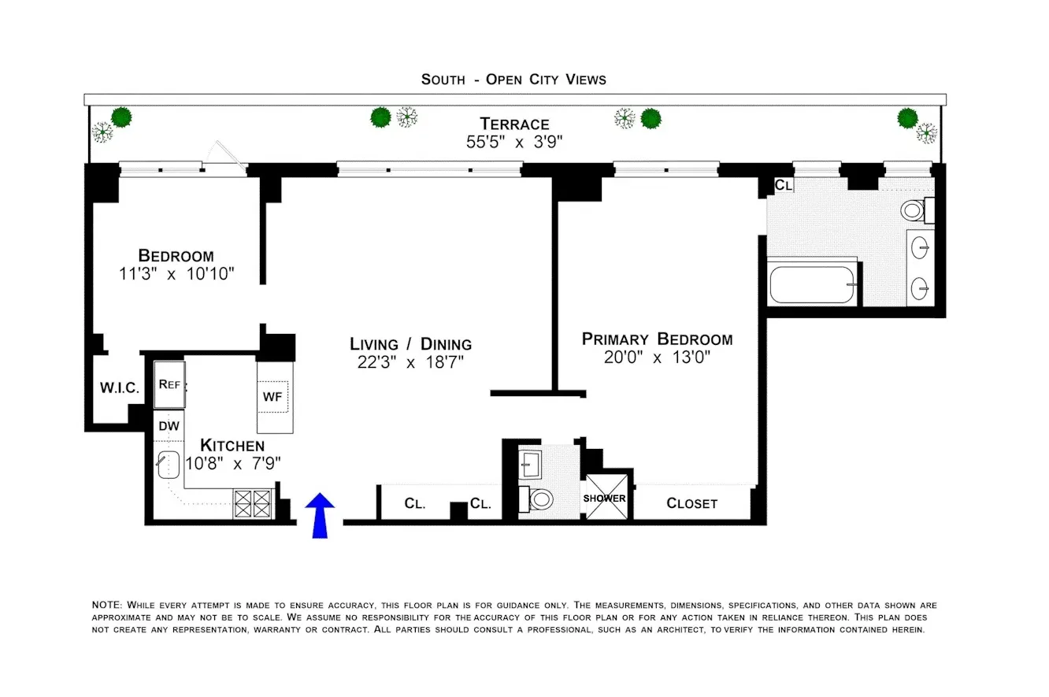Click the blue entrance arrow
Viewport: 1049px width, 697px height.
(x=320, y=515)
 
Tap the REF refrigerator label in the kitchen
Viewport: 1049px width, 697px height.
(x=169, y=384)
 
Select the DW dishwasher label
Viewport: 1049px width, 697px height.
(x=169, y=426)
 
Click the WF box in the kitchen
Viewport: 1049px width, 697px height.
(x=272, y=397)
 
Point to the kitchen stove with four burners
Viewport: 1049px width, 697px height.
(x=253, y=503)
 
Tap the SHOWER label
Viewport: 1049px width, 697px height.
(x=605, y=499)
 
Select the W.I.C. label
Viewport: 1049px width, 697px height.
(x=120, y=388)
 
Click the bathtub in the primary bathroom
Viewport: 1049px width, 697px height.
(x=812, y=284)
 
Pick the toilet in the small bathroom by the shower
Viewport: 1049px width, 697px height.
(x=540, y=499)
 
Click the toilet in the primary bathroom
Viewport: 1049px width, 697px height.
(x=914, y=210)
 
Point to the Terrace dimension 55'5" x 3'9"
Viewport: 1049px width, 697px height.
(x=514, y=142)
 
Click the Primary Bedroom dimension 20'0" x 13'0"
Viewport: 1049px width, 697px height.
(x=657, y=358)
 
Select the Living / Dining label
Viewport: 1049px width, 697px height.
(x=410, y=344)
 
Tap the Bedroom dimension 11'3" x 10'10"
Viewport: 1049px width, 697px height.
(x=176, y=273)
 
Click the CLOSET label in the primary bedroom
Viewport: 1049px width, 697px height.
(x=691, y=503)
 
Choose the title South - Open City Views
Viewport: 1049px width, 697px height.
(x=513, y=79)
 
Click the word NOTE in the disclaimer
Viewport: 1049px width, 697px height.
(x=106, y=605)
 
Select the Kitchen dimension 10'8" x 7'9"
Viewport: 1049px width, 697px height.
(x=232, y=463)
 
